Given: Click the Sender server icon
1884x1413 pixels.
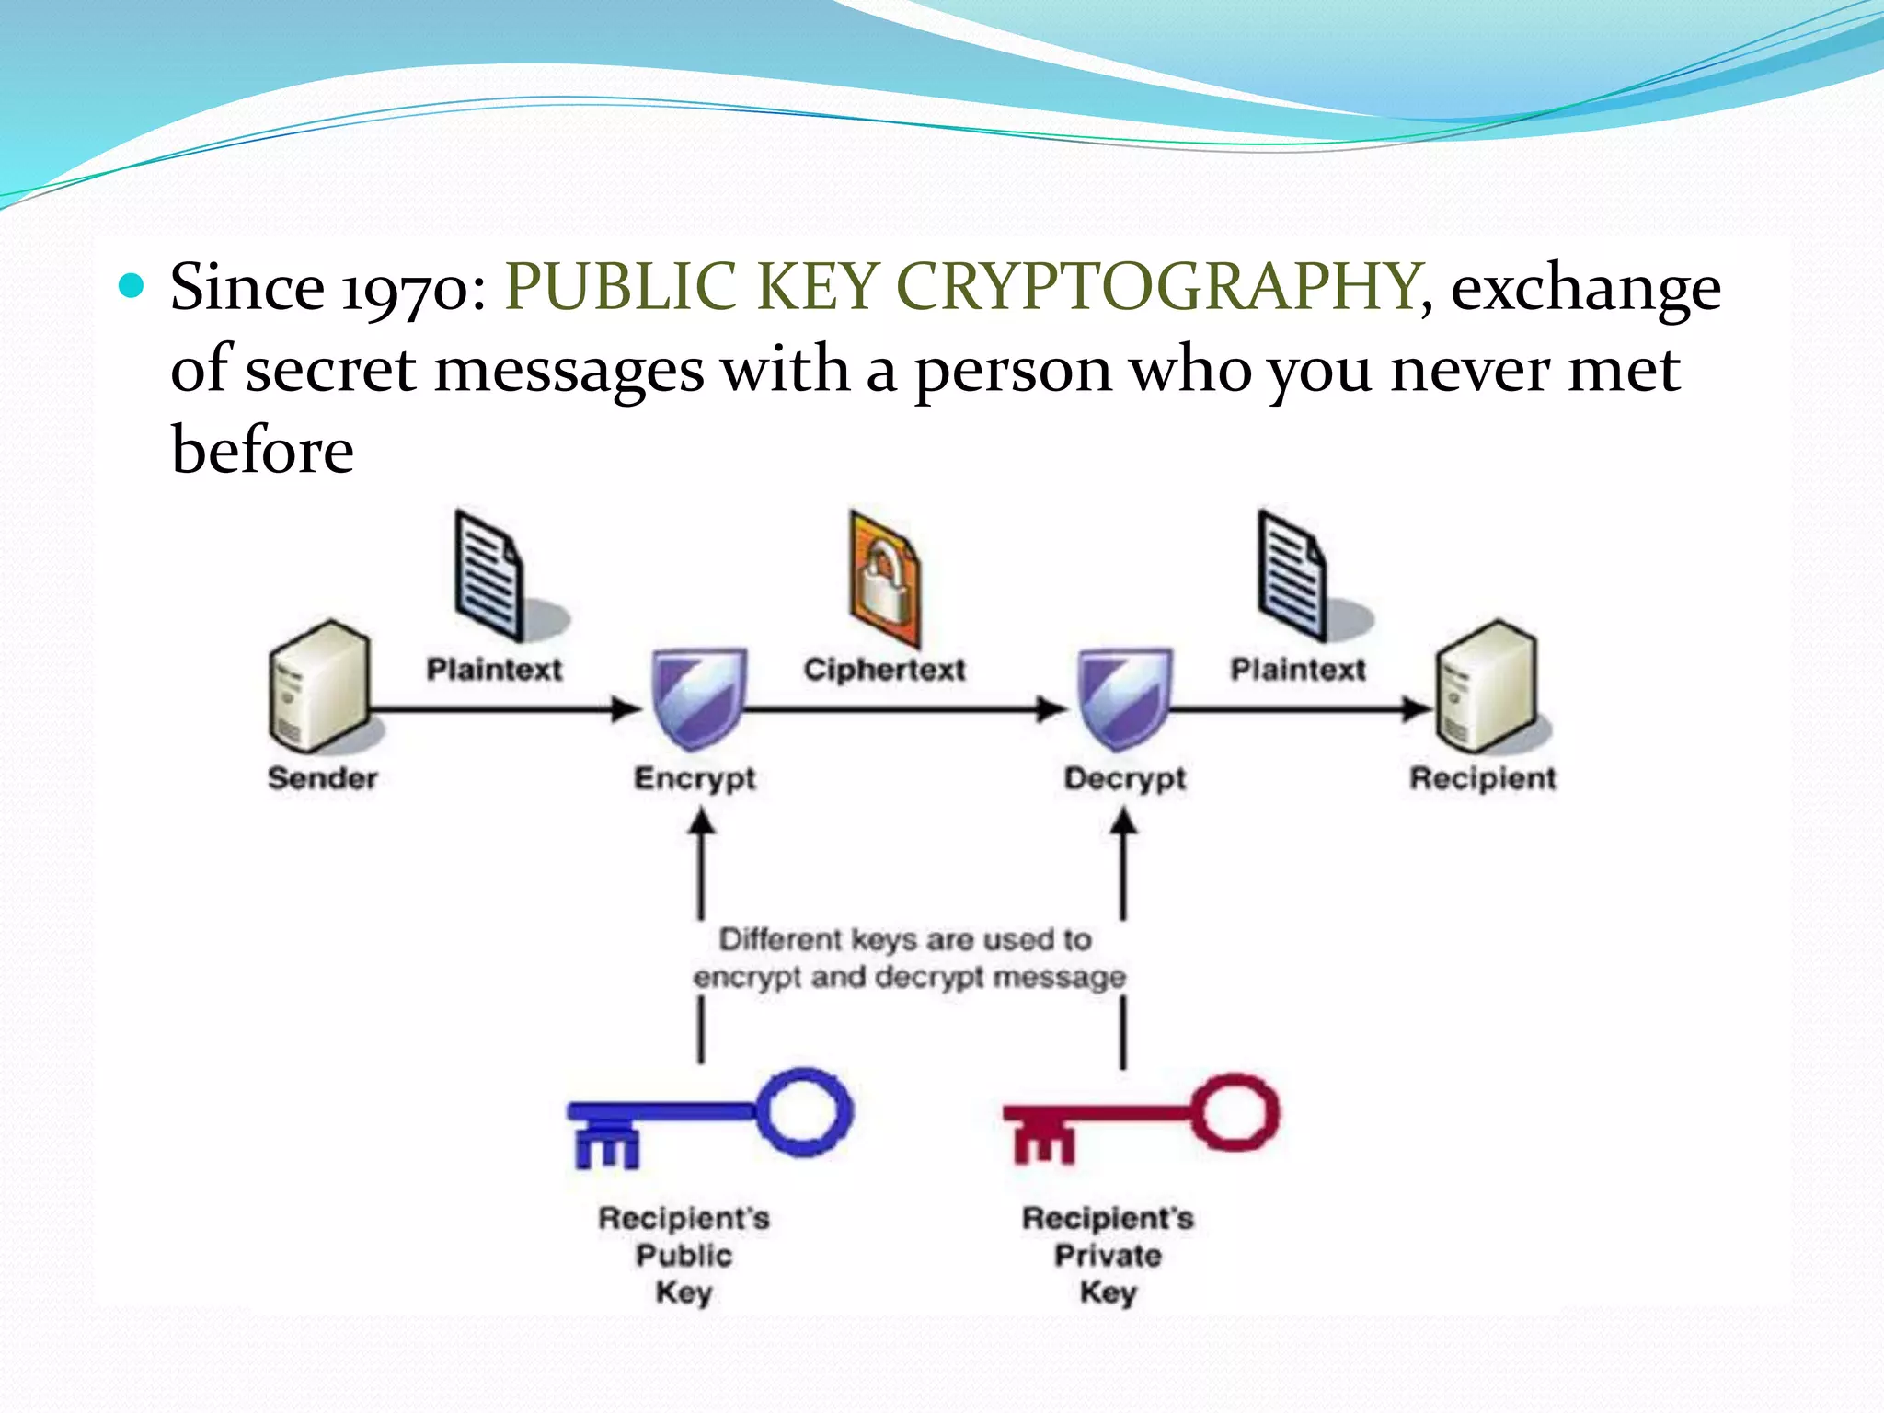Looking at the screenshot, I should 319,684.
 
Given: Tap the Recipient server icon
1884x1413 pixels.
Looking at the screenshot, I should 1487,684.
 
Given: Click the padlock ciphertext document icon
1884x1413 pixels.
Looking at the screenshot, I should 884,580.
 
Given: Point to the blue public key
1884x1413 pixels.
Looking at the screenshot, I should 709,1116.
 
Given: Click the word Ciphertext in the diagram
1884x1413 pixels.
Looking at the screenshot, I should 884,670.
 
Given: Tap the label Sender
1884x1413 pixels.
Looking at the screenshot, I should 322,778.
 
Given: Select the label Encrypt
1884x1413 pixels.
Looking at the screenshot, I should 695,778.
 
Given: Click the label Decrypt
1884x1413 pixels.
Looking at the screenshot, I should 1124,778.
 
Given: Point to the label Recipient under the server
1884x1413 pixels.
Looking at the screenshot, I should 1482,778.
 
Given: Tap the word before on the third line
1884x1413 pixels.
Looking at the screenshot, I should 262,451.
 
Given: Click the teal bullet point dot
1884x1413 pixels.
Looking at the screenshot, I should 132,286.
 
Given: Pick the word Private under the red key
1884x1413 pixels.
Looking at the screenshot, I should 1108,1255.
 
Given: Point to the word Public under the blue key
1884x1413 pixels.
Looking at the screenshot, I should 684,1255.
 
